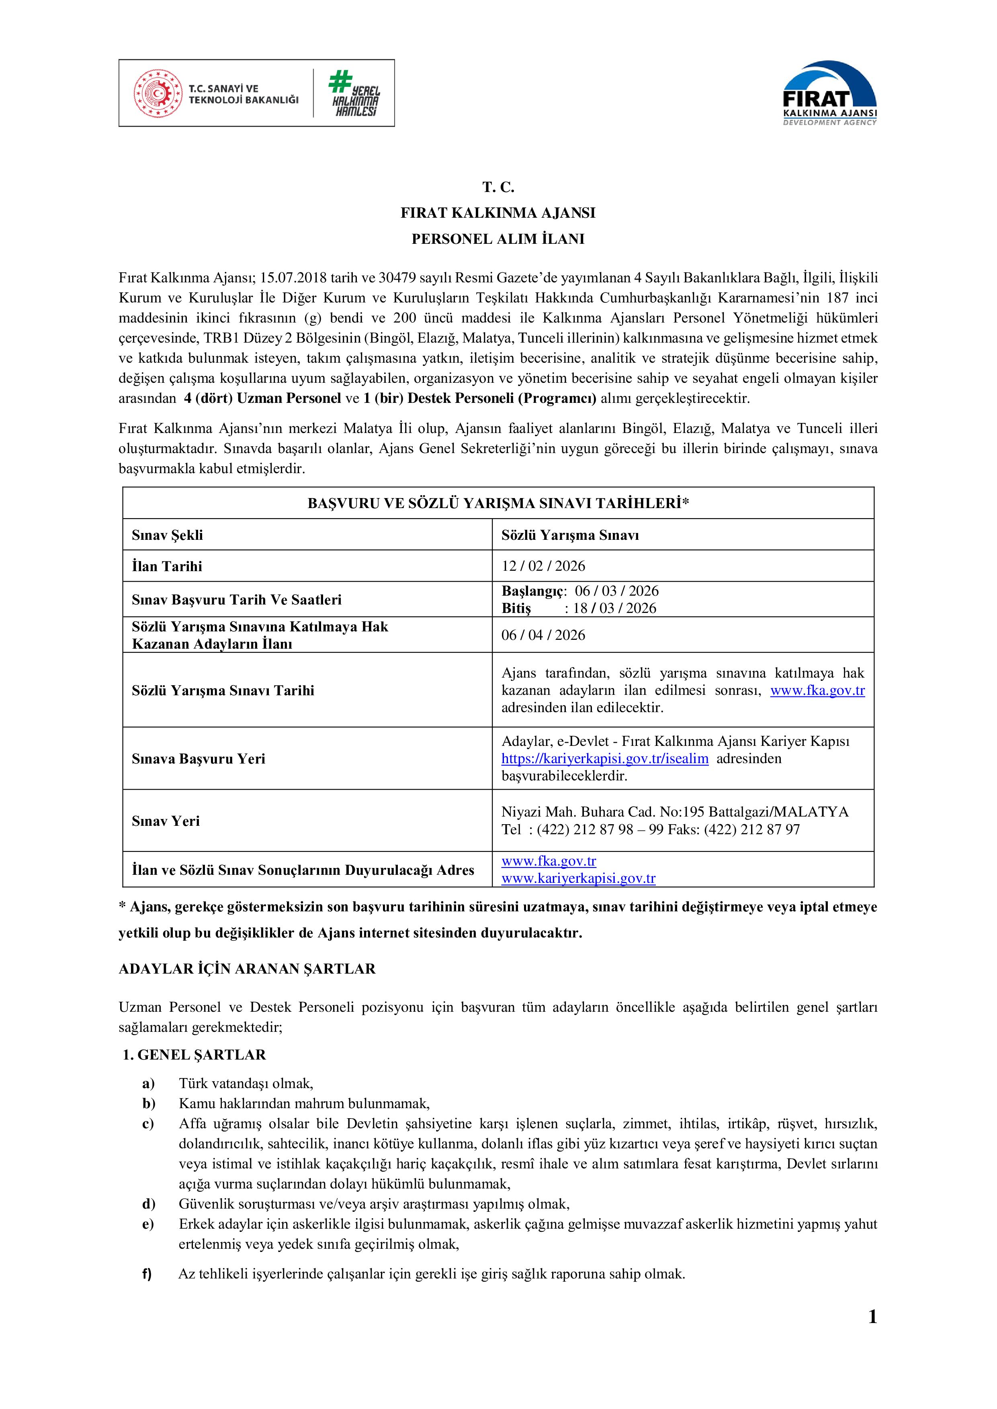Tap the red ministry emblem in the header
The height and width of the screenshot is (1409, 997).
(158, 93)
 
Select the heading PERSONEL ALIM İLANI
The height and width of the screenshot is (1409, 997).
(498, 239)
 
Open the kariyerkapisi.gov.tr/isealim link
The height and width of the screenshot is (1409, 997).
(605, 758)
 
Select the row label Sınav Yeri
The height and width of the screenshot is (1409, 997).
(166, 821)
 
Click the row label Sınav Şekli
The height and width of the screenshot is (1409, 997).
(167, 535)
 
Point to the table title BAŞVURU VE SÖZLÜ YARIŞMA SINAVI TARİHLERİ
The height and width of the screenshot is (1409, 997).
(498, 504)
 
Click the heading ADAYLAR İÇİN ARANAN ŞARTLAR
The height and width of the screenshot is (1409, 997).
(247, 969)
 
